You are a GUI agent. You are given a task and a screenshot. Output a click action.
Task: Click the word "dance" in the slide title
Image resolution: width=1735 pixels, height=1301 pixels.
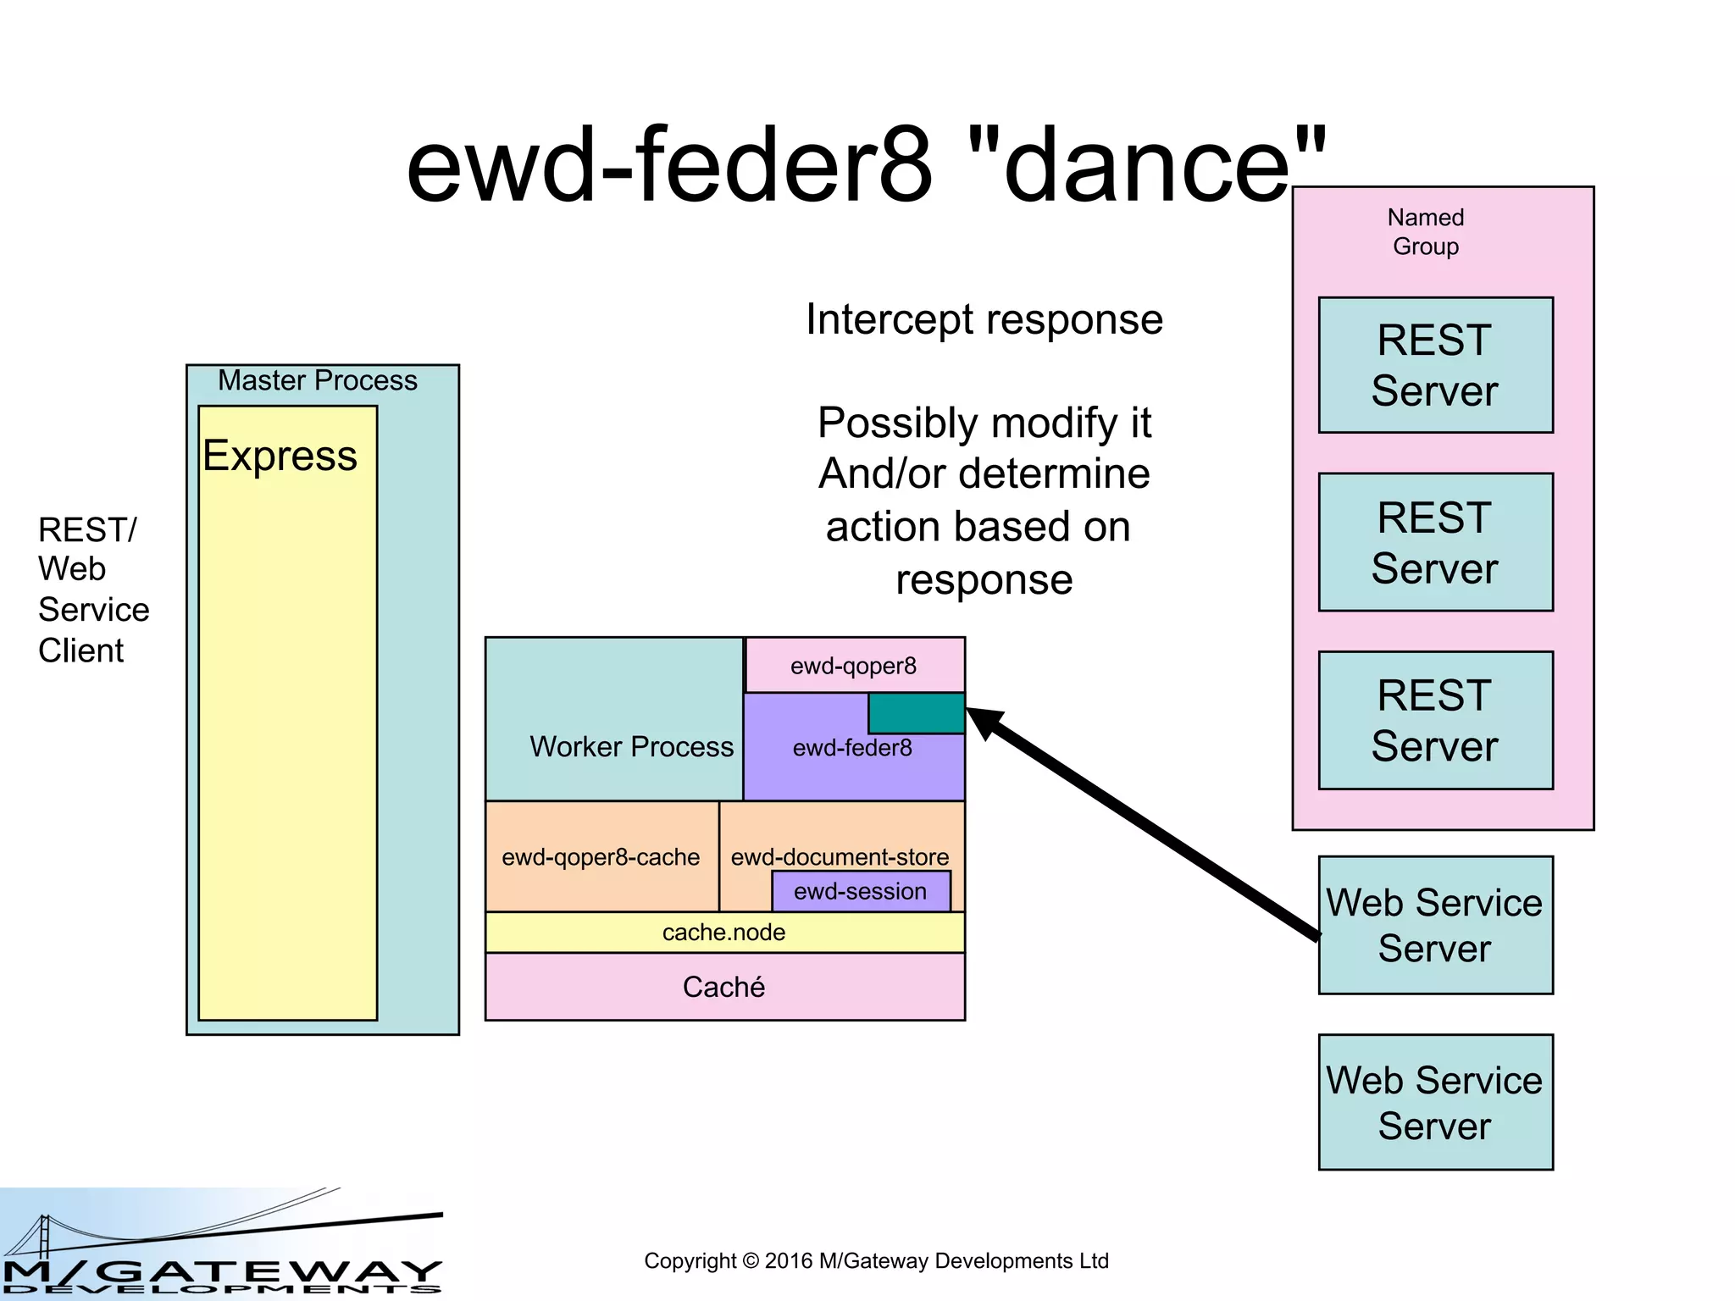coord(1146,166)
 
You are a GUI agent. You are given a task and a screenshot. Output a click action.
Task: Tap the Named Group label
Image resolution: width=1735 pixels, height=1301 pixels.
coord(1425,231)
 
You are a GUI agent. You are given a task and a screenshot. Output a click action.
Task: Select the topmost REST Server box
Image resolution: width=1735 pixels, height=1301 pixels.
coord(1435,365)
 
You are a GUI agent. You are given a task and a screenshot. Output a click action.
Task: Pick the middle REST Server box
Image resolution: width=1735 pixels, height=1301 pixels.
coord(1435,542)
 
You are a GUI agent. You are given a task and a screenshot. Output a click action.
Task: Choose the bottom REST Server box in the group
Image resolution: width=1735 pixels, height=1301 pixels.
coord(1435,720)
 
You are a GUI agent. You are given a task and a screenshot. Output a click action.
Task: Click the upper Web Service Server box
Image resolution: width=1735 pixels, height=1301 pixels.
coord(1435,925)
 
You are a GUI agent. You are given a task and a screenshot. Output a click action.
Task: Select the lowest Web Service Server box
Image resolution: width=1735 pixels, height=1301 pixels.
coord(1435,1102)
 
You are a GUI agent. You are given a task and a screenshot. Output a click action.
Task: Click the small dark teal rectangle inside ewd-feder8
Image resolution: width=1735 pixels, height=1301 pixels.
coord(916,713)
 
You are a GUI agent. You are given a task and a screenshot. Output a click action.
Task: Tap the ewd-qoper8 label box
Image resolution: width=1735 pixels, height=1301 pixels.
coord(854,666)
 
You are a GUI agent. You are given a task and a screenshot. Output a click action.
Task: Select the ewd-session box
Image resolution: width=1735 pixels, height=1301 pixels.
coord(861,892)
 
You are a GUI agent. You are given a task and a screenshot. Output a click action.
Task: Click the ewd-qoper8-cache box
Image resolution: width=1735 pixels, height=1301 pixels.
coord(601,857)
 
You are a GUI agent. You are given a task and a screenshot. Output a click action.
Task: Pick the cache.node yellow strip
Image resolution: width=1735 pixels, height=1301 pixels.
coord(724,933)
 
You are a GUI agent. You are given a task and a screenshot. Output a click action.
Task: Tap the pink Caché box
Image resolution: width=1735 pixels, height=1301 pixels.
coord(724,987)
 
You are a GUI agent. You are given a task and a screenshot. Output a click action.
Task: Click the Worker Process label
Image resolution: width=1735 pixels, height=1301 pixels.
coord(632,746)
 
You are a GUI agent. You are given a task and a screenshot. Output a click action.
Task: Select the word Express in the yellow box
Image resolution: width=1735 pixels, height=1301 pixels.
coord(280,456)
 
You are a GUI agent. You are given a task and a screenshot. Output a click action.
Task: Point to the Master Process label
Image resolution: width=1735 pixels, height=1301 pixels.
coord(318,380)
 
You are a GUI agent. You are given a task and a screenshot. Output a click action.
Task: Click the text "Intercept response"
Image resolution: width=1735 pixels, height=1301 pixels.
coord(984,320)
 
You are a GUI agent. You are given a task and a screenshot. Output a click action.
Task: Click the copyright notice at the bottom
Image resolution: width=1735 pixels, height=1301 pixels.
coord(876,1261)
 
